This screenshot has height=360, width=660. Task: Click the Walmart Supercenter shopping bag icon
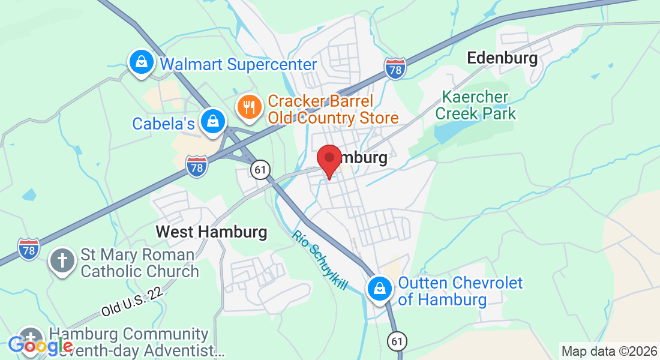(x=140, y=62)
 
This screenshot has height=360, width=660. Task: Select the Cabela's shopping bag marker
(x=212, y=121)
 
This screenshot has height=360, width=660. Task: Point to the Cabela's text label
(x=163, y=124)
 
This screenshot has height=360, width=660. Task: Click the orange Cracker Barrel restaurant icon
(x=249, y=107)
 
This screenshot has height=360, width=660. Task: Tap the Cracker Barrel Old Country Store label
(x=333, y=109)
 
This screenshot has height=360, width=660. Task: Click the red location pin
(x=329, y=160)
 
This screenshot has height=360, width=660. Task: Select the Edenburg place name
(x=502, y=58)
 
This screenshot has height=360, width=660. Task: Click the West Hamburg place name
(x=211, y=231)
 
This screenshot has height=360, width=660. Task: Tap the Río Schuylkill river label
(x=320, y=259)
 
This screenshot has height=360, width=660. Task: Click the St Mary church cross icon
(x=62, y=261)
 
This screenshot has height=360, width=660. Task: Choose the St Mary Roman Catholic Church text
(x=138, y=263)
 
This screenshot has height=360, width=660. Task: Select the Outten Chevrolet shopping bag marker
(x=380, y=289)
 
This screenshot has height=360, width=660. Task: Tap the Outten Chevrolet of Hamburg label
(x=460, y=291)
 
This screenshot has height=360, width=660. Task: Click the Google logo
(x=40, y=346)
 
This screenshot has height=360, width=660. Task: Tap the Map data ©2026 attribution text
(x=608, y=352)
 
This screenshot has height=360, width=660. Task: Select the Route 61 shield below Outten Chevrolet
(x=396, y=341)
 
